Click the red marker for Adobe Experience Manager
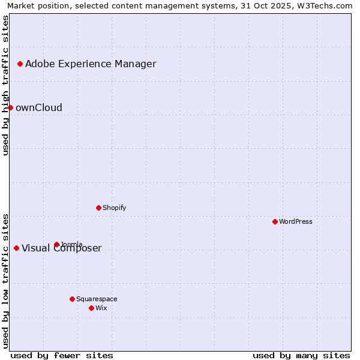pos(20,64)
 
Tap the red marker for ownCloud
pos(10,107)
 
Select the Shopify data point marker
pos(98,208)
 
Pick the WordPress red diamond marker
pos(275,221)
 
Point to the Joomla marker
pos(56,244)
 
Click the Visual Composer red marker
pos(16,248)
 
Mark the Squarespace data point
pos(72,299)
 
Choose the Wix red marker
pos(91,308)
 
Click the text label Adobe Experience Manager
pos(91,64)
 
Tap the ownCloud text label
pos(39,107)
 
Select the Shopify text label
pos(114,208)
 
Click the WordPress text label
pos(296,221)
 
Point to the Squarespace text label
pos(97,299)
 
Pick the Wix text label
pos(101,308)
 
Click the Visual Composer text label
pos(62,248)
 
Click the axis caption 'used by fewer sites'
pos(62,355)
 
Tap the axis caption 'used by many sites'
pos(301,355)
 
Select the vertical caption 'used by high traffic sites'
pos(5,85)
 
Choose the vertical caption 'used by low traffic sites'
pos(5,280)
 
